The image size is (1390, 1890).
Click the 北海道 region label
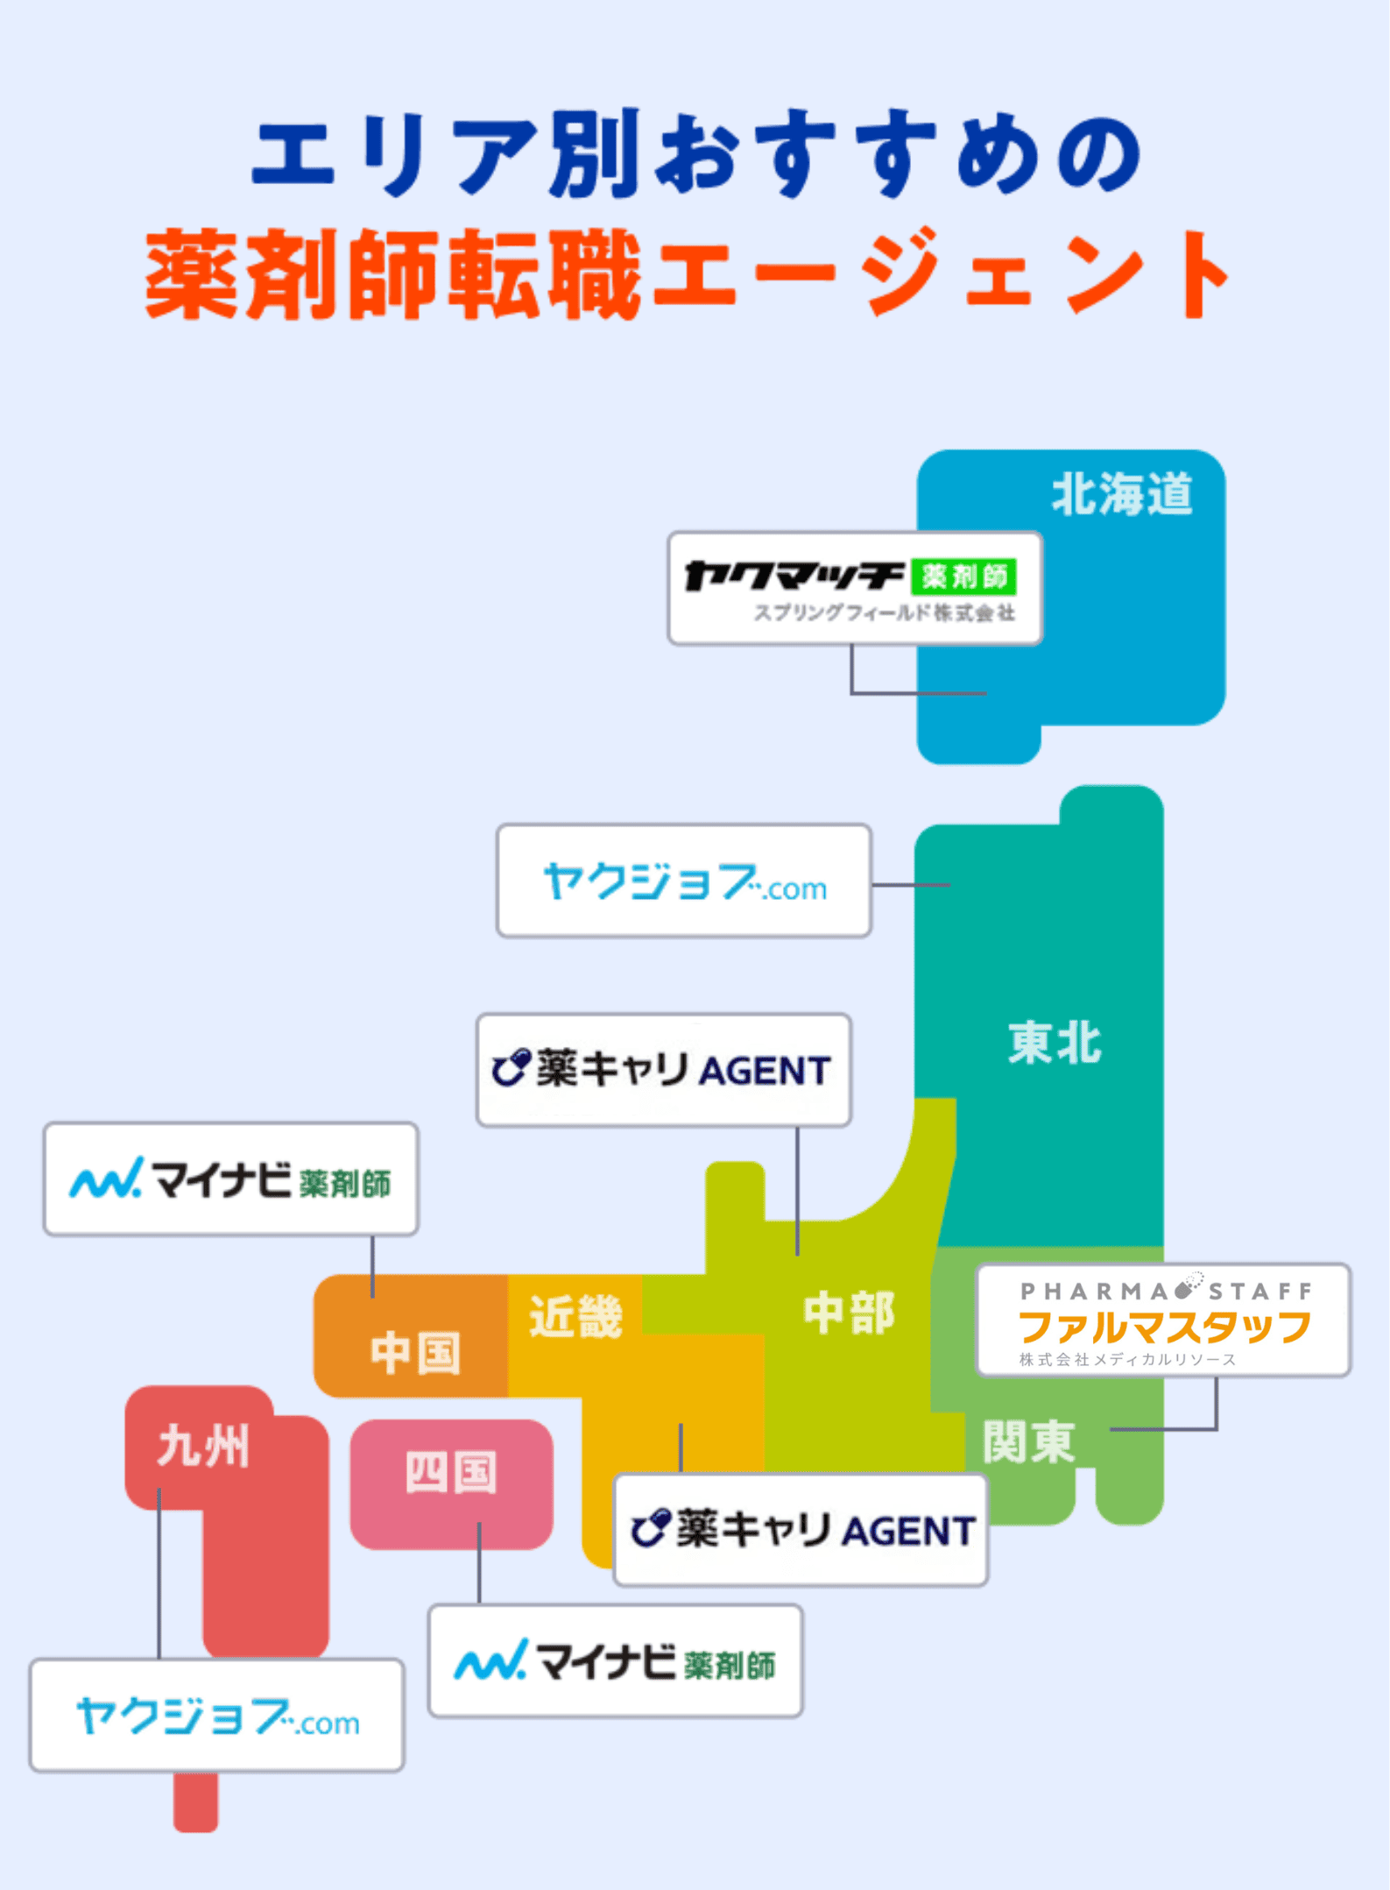[1121, 494]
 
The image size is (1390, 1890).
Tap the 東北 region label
[1055, 1043]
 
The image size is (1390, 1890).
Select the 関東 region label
[1028, 1441]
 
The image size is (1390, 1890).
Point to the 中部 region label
[849, 1313]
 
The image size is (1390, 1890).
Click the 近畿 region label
[575, 1315]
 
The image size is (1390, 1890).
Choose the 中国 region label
[415, 1352]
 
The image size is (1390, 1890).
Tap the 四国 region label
[451, 1471]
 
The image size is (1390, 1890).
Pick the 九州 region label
[203, 1445]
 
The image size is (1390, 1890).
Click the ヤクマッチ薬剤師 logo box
[855, 588]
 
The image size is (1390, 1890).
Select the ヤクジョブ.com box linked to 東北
[683, 881]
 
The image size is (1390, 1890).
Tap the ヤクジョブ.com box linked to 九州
[216, 1715]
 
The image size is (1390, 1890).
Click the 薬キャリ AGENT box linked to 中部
[663, 1070]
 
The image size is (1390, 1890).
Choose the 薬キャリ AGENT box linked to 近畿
[801, 1530]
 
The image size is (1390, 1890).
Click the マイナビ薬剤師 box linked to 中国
[230, 1179]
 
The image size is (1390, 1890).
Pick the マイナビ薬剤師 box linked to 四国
[615, 1660]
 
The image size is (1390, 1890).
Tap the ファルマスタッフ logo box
[1163, 1320]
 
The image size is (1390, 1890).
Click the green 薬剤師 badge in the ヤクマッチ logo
[963, 576]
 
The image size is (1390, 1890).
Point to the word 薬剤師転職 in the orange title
[393, 275]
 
